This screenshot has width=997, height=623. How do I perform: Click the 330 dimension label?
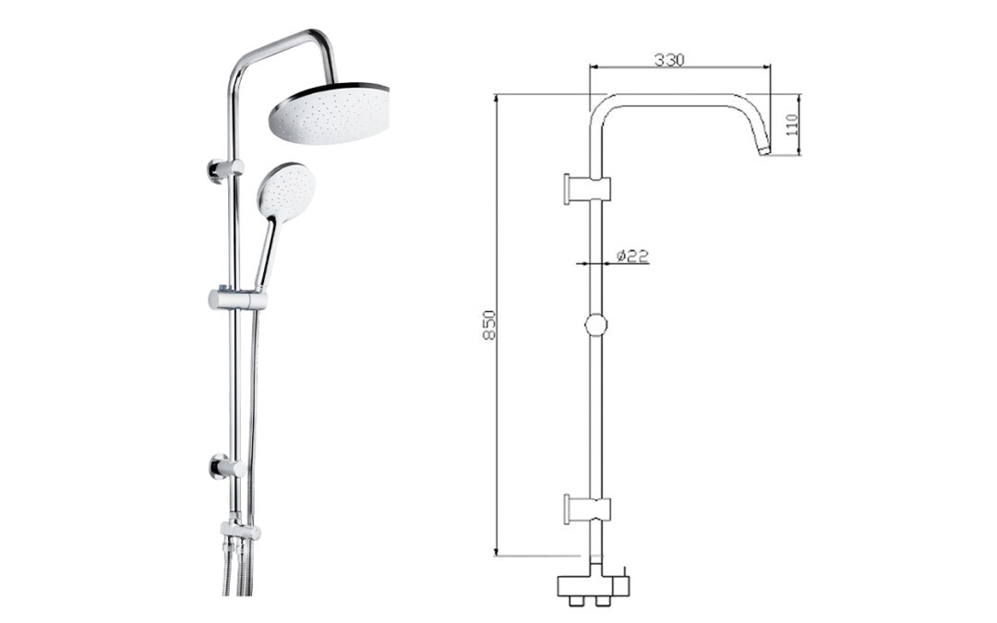coord(669,60)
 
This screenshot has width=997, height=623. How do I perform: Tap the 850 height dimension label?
coord(489,325)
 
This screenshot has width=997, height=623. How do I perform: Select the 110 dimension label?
coord(792,125)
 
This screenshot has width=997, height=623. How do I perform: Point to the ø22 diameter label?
coord(632,256)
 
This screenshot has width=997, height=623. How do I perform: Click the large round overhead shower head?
coord(329,114)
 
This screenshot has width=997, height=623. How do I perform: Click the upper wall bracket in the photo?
coord(224,170)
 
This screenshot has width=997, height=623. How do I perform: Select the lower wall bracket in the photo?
coord(227,469)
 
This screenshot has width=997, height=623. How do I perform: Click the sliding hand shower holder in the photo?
coord(237,299)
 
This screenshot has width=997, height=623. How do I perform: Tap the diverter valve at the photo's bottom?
coord(240,530)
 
